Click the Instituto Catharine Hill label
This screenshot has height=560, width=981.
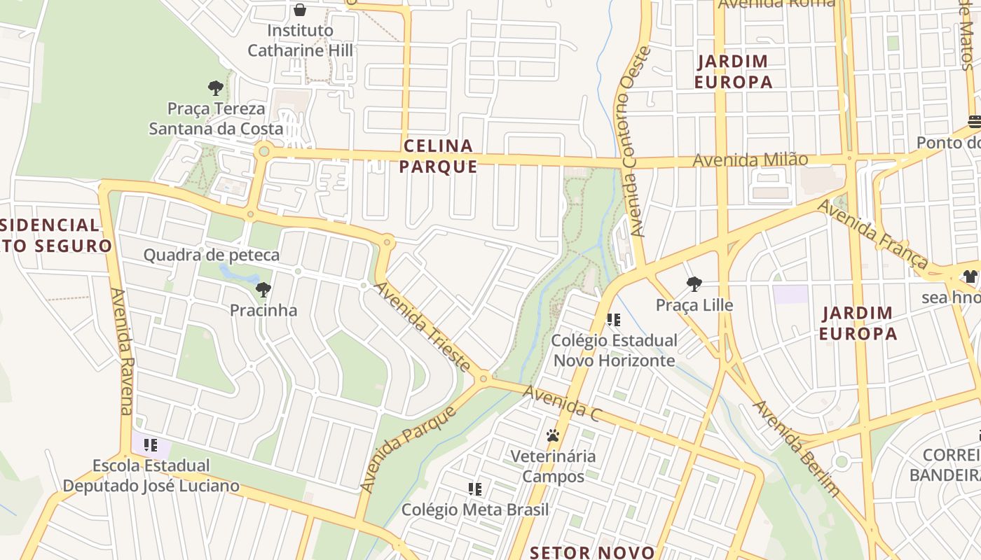[301, 41]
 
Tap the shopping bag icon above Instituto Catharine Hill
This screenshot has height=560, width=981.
[300, 10]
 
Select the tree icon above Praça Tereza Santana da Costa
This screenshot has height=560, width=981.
[216, 88]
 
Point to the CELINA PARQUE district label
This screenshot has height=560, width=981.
[440, 156]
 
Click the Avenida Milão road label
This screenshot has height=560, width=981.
[750, 160]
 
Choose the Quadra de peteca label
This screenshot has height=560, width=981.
[212, 255]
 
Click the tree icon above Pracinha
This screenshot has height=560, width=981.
[263, 289]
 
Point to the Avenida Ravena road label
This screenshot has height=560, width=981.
[122, 351]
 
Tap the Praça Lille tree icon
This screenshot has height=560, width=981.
[694, 283]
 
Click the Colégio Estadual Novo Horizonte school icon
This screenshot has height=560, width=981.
[614, 320]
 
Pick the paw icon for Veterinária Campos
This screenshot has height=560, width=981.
[553, 435]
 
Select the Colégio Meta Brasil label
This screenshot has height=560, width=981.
[475, 510]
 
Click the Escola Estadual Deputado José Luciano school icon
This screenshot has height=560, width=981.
[151, 444]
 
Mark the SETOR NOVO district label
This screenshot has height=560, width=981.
[592, 552]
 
